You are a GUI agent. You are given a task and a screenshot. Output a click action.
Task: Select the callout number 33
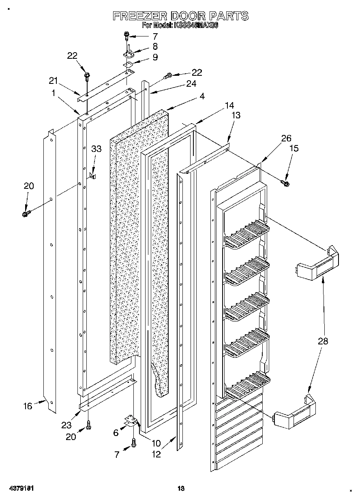pos(96,149)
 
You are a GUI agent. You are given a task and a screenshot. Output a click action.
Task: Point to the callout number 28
pos(323,341)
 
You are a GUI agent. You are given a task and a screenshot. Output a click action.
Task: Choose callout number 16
pos(27,406)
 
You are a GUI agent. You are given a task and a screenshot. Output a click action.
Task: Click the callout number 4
pos(191,96)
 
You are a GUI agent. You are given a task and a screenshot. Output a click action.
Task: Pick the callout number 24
pos(191,84)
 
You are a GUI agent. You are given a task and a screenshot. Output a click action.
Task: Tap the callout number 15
pos(294,149)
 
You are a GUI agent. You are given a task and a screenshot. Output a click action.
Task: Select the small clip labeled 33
pos(93,176)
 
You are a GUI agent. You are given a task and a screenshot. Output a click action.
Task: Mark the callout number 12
pos(156,454)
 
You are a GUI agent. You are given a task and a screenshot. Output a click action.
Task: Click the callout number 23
pos(66,425)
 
